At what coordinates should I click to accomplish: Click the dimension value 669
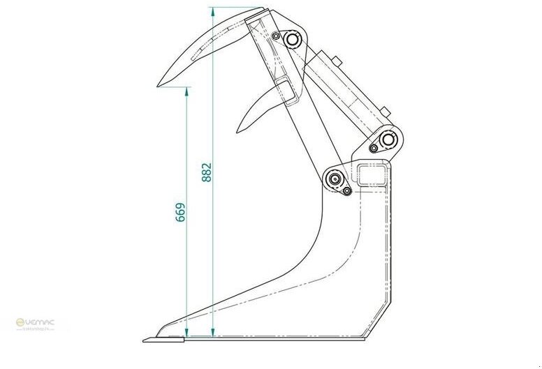pyautogui.click(x=180, y=213)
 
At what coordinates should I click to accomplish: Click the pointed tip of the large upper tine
pyautogui.click(x=159, y=86)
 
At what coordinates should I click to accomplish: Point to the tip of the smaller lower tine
pyautogui.click(x=238, y=130)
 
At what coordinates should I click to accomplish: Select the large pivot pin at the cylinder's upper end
pyautogui.click(x=291, y=40)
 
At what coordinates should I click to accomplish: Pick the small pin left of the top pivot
pyautogui.click(x=277, y=36)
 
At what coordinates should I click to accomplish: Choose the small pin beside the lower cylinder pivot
pyautogui.click(x=374, y=148)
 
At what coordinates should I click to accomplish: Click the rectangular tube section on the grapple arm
pyautogui.click(x=285, y=89)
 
